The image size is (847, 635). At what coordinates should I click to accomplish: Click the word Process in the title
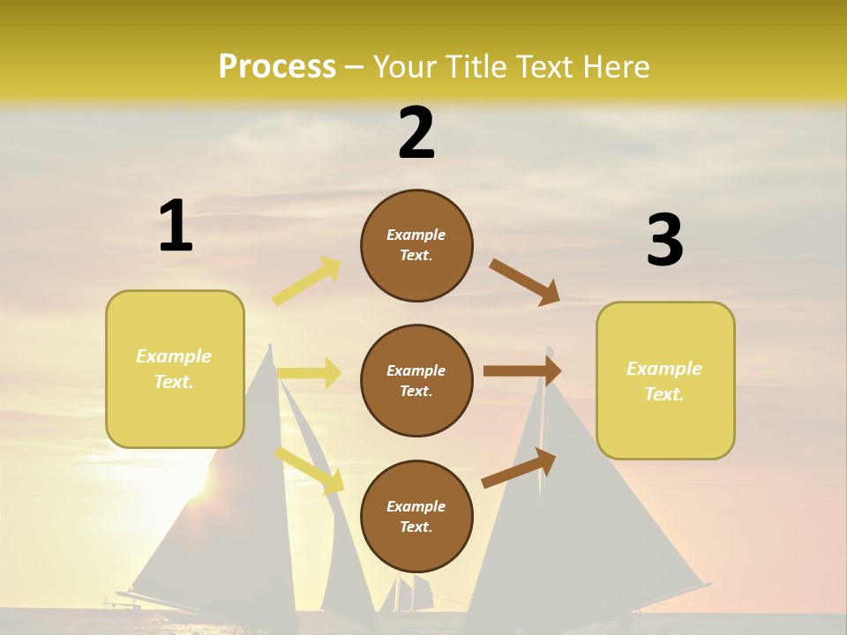tap(277, 66)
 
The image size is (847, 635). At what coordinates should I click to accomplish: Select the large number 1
tap(176, 226)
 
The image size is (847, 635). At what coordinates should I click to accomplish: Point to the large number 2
tap(416, 133)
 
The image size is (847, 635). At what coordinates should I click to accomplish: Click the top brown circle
tap(416, 245)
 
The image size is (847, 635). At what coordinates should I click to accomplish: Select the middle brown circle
tap(416, 381)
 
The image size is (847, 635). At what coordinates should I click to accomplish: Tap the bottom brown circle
tap(416, 517)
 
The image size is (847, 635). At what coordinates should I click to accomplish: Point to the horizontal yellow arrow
tap(310, 373)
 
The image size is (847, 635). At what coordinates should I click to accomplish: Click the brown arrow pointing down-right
tap(525, 281)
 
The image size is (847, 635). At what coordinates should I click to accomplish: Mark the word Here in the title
tap(618, 66)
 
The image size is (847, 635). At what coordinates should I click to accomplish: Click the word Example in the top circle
tap(416, 235)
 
